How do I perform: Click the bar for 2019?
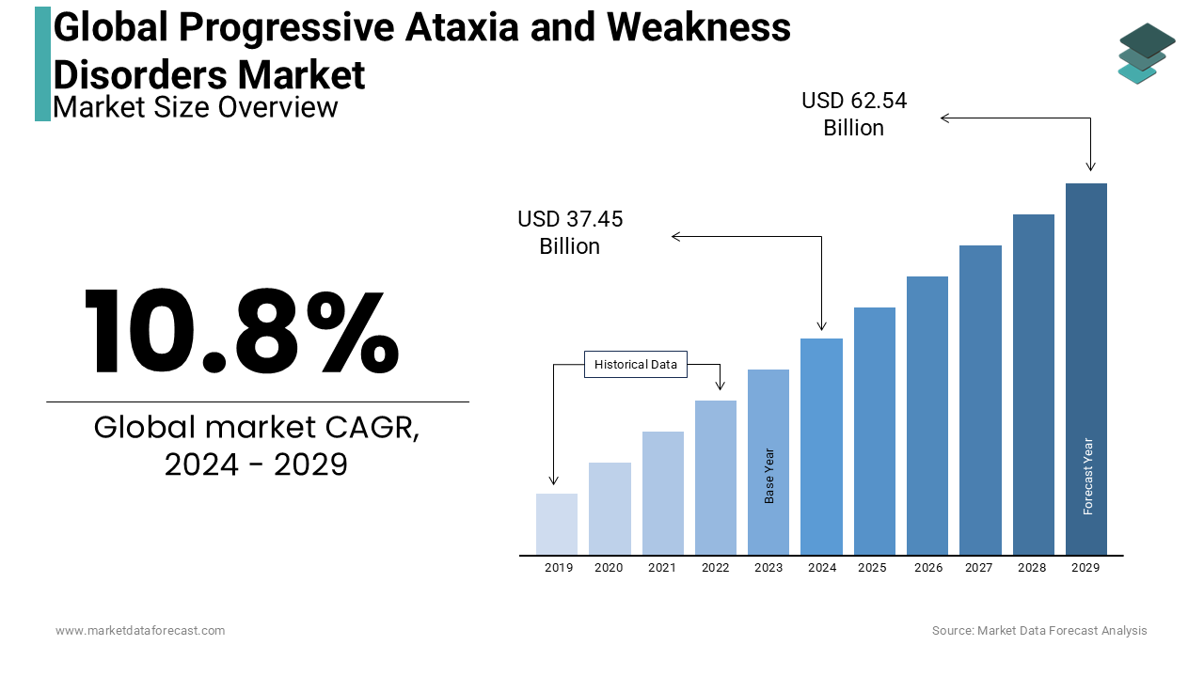557,524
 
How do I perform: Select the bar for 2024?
821,446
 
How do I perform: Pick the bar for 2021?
663,493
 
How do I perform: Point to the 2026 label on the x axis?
928,568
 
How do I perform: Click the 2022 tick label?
715,568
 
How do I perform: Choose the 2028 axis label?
1032,568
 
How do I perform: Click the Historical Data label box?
636,365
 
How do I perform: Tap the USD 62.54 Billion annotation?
854,114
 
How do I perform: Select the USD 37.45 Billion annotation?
570,232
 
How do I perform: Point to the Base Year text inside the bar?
769,476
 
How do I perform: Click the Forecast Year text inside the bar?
1088,477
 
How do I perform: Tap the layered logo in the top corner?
1146,54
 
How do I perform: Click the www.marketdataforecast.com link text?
140,631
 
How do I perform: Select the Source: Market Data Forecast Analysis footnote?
1039,631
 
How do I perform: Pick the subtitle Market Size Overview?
196,107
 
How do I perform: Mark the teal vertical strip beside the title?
42,64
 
